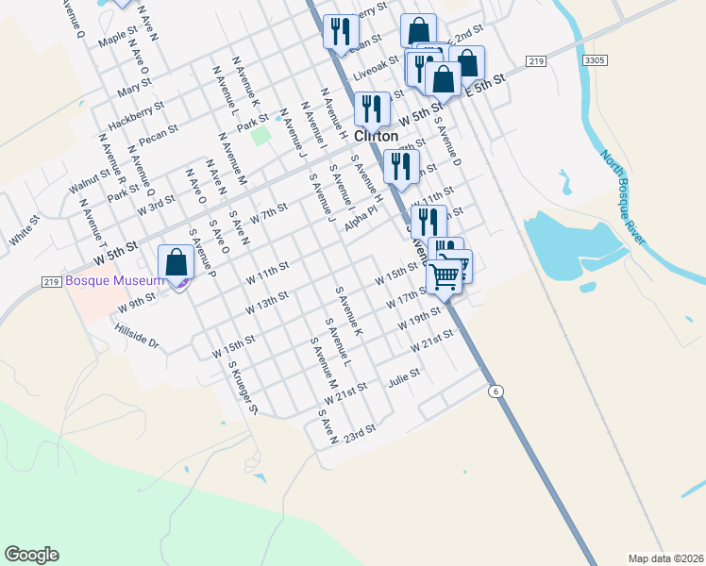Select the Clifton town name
[377, 136]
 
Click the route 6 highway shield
[494, 391]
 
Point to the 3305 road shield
[595, 60]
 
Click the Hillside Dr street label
[137, 336]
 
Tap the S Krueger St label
[243, 391]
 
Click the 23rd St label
[360, 434]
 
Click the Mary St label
[128, 92]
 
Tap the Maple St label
[118, 39]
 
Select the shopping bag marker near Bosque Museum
[176, 264]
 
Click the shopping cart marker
[445, 276]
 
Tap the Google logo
[31, 555]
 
